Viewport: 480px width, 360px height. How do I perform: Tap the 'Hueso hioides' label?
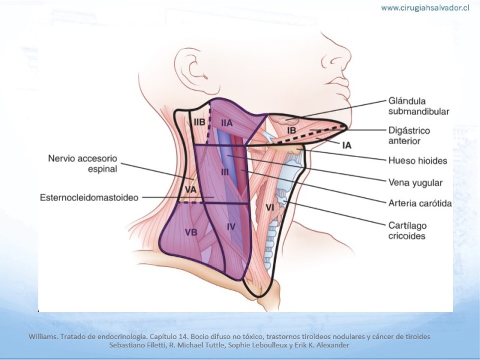tap(417, 161)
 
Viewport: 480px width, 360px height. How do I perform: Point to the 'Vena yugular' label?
tap(415, 183)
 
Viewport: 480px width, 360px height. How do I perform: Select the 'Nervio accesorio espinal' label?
tap(83, 163)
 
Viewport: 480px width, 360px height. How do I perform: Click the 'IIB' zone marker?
tap(200, 122)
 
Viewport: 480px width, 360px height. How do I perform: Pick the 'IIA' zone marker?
tap(226, 122)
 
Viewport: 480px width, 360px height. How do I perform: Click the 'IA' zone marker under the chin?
tap(346, 145)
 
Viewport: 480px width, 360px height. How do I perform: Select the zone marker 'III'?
tap(225, 172)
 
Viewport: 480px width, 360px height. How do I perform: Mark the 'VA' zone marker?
tap(190, 190)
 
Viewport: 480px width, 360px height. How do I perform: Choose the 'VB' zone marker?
tap(191, 232)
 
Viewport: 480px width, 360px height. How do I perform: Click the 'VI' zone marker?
tap(269, 207)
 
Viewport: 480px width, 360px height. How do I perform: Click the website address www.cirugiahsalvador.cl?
tap(425, 8)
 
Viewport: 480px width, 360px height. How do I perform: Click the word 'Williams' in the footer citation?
tap(43, 337)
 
